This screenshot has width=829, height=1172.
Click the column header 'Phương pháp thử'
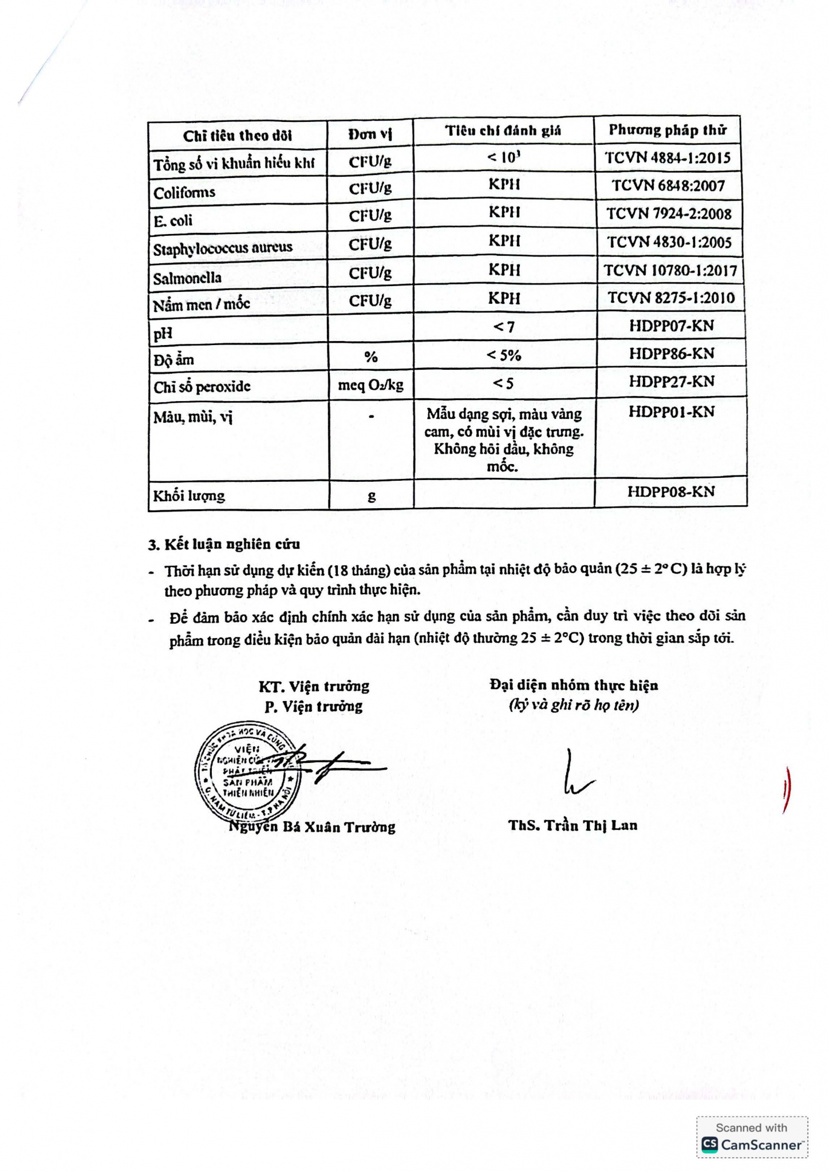click(x=667, y=130)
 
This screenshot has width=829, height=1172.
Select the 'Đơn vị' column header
click(x=370, y=134)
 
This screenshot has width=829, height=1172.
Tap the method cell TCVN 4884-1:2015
click(x=668, y=158)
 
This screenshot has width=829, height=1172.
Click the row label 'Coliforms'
click(x=184, y=192)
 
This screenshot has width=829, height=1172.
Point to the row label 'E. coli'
click(x=173, y=220)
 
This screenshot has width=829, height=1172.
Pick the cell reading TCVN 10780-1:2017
click(x=670, y=270)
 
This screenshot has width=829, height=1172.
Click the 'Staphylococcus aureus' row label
click(x=223, y=248)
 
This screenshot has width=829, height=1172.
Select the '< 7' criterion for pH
click(x=504, y=327)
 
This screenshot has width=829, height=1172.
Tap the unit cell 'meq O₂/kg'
click(x=370, y=385)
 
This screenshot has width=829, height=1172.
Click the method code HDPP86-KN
click(x=671, y=354)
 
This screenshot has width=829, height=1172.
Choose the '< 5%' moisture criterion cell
click(x=504, y=355)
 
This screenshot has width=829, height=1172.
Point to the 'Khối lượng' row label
click(x=189, y=495)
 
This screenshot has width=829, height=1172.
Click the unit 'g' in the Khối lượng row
click(x=372, y=496)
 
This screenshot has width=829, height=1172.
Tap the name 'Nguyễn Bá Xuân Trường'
click(x=312, y=826)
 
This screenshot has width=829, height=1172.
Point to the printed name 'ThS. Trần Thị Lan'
click(x=573, y=825)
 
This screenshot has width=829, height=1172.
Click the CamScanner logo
click(x=752, y=1144)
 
